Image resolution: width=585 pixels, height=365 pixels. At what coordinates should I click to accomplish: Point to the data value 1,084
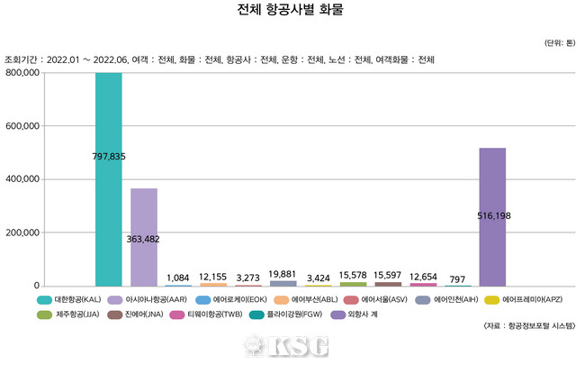pos(178,277)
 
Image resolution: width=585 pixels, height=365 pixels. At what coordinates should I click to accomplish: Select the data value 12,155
pos(213,276)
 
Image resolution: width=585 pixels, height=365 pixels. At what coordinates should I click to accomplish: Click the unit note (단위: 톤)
pos(562,43)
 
